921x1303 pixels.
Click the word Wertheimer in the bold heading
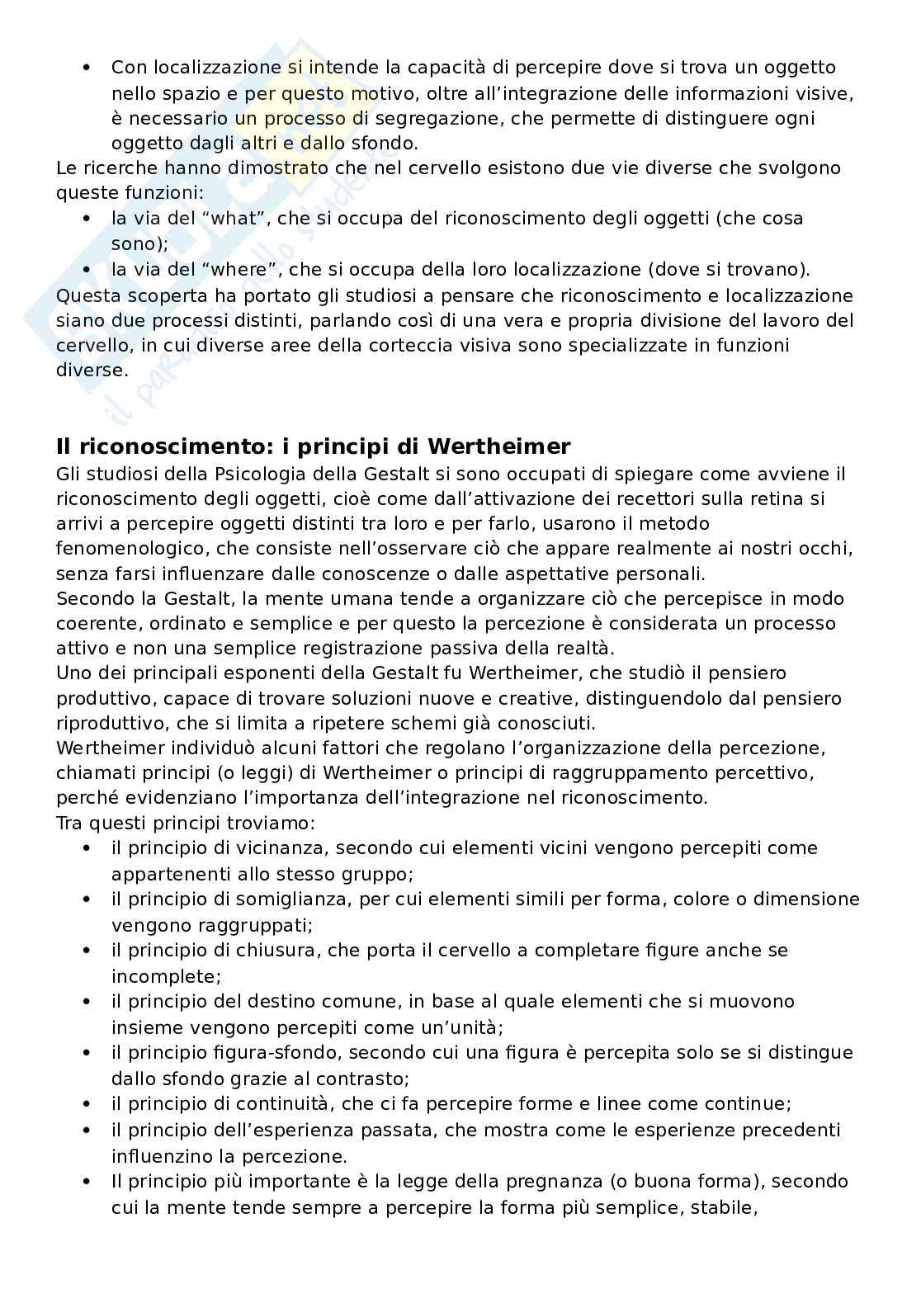tap(499, 447)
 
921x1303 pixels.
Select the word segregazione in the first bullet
tap(432, 118)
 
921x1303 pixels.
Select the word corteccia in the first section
tap(413, 345)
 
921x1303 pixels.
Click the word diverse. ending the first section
tap(92, 371)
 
